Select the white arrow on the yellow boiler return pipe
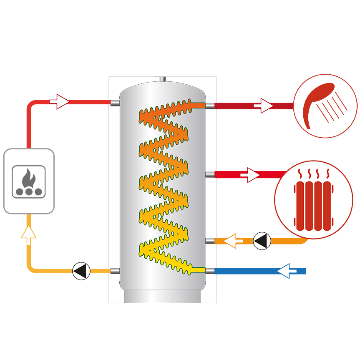click(28, 236)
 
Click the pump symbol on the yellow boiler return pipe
click(81, 271)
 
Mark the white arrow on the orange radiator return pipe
click(234, 241)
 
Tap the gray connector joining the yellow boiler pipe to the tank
click(115, 271)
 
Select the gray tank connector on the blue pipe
click(210, 271)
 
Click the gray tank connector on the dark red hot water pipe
click(210, 106)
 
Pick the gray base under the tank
click(163, 296)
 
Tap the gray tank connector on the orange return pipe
click(210, 241)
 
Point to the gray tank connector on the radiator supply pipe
click(210, 174)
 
